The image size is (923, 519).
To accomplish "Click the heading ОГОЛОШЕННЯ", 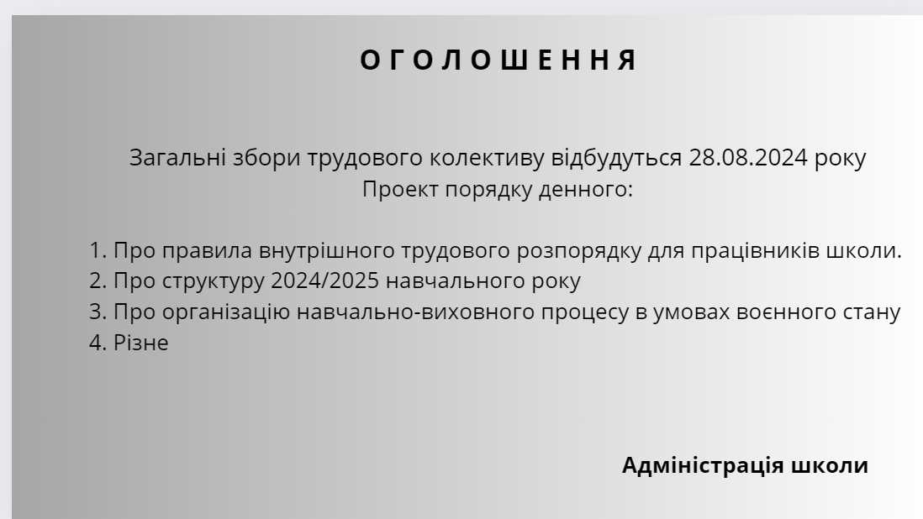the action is pos(498,60).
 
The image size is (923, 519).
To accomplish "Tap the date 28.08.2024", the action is pos(748,158).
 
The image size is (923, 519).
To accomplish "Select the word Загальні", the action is pos(177,158).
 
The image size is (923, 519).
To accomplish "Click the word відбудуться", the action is pos(616,159).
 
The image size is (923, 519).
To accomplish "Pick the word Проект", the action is pos(400,189).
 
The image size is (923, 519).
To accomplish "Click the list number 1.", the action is pos(98,251).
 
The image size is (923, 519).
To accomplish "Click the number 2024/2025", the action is pos(325,281).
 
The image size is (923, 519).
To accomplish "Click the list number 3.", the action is pos(98,312).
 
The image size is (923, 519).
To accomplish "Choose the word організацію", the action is pos(226,312).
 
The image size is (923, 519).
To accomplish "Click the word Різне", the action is pos(140,343).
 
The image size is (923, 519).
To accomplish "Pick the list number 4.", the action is pos(98,343).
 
